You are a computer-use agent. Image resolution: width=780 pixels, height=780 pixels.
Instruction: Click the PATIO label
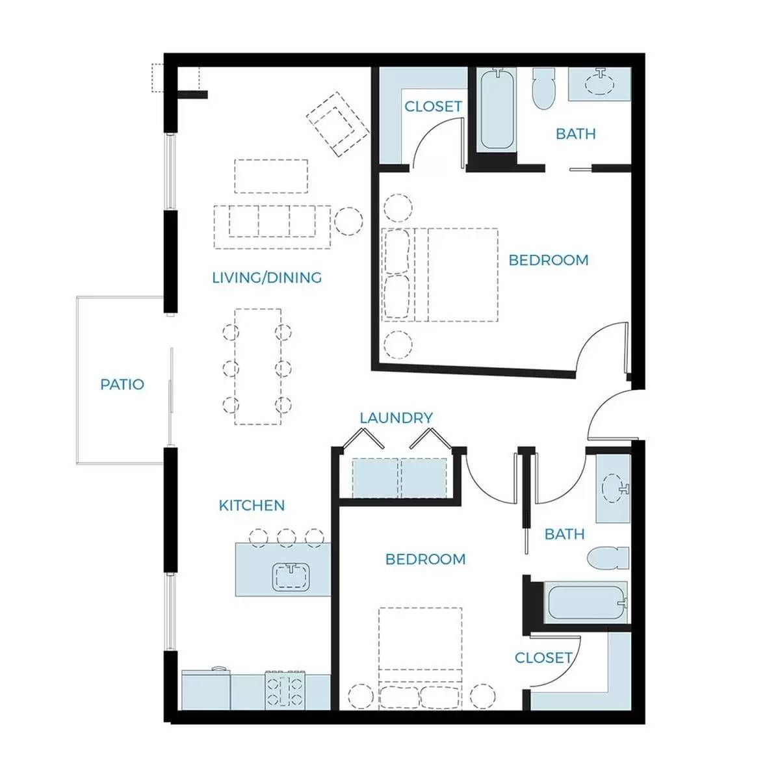coord(122,384)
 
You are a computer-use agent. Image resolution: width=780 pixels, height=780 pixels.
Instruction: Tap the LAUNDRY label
coord(396,418)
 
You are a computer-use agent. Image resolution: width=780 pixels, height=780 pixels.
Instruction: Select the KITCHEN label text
coord(252,505)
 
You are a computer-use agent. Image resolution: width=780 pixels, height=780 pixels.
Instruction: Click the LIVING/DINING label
coord(266,278)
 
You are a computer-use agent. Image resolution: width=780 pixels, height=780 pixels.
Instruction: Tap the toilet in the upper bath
coord(543,88)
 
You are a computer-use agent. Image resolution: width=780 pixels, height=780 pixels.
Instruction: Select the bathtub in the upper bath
coord(497,110)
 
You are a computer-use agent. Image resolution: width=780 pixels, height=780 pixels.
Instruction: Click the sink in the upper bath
coord(599,83)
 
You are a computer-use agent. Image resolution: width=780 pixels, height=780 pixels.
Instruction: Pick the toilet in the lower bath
coord(608,558)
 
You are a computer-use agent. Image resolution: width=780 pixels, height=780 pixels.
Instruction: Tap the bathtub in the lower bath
coord(586,603)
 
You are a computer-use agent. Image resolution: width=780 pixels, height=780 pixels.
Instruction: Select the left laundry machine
coord(376,478)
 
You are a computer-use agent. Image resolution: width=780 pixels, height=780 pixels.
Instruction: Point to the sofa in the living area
coord(272,227)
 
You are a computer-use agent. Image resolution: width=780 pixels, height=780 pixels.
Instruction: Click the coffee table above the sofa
coord(271,176)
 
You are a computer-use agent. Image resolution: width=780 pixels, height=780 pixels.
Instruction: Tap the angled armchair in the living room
coord(337,124)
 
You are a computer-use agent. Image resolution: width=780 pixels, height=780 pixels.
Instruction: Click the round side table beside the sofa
coord(348,222)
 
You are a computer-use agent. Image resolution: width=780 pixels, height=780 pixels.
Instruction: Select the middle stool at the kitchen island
coord(286,538)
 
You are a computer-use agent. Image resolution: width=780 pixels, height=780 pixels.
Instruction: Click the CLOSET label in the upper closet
coord(433,107)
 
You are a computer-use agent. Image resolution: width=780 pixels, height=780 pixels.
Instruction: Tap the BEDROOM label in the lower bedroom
coord(425,559)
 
